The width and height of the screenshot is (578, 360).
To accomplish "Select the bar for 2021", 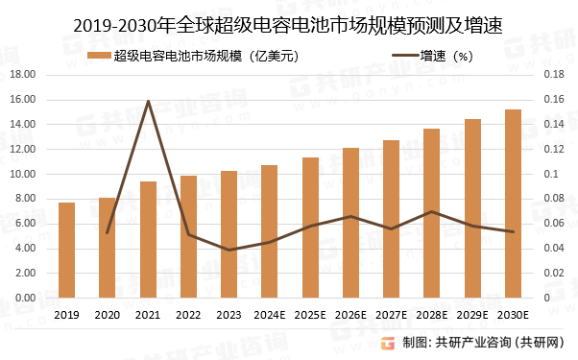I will (x=148, y=239).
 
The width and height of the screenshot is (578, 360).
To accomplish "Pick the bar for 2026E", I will (x=351, y=223).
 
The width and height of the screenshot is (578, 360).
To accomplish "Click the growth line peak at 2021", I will (x=148, y=101).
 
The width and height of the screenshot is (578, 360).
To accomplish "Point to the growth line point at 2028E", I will (x=432, y=211).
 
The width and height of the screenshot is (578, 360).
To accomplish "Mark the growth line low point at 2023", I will (x=229, y=250).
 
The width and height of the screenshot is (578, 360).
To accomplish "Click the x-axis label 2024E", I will (x=270, y=314).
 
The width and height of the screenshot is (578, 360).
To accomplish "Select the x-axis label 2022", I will (x=188, y=314).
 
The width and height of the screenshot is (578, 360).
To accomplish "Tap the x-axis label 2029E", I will (x=473, y=314).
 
